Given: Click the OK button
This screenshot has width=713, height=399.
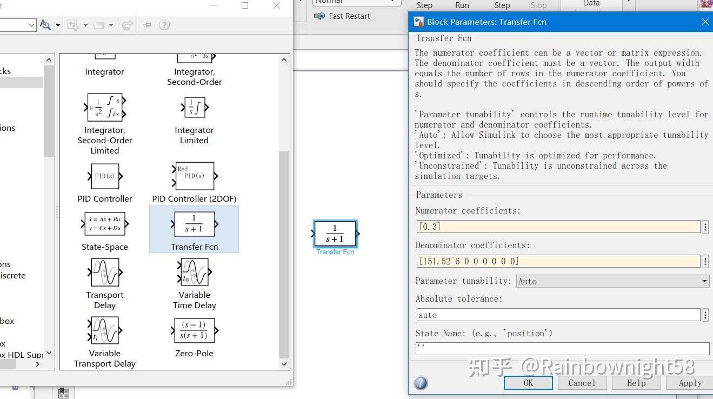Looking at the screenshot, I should tap(528, 383).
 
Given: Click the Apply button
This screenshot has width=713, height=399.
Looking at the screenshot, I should tap(690, 383).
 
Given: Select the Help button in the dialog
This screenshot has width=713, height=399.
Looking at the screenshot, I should tap(636, 383).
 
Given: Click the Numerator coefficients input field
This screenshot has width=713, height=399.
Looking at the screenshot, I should tap(558, 227).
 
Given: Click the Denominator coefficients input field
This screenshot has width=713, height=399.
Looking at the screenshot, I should tap(558, 261).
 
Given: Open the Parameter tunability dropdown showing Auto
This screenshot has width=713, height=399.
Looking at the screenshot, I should tap(612, 281).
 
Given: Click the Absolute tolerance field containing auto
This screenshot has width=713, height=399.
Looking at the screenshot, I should tap(558, 315).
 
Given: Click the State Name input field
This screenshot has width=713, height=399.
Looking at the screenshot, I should tap(562, 348).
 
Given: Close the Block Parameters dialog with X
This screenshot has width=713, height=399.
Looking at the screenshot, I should tap(705, 22).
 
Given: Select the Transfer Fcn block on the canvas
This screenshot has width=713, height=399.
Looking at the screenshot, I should tap(335, 234).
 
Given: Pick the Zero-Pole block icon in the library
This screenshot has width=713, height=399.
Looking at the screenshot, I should tap(194, 330).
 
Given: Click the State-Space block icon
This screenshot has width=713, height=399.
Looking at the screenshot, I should tap(105, 224).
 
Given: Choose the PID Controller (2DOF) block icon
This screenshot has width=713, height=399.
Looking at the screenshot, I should tap(194, 176).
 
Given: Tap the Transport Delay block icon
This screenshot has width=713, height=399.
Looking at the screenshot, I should tap(105, 272).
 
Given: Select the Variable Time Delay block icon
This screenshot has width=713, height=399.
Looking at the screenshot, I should tap(194, 272).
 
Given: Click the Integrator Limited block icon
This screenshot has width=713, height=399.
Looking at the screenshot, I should tap(194, 107).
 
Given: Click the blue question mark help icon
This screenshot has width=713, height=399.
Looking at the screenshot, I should tap(421, 383).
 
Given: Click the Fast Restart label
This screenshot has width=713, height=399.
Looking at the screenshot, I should tap(349, 16).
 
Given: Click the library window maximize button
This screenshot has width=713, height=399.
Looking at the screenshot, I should tap(245, 5).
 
